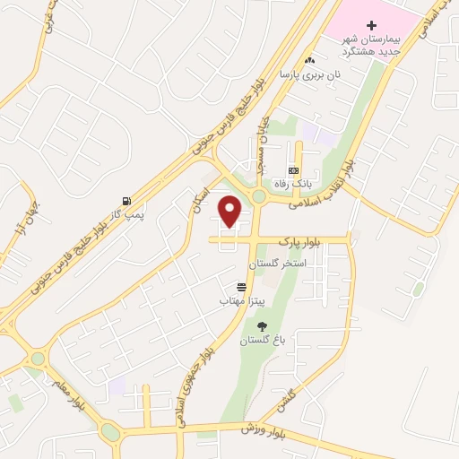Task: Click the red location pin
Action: (230, 211)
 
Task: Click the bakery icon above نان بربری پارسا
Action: (310, 60)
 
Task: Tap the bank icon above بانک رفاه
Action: (292, 170)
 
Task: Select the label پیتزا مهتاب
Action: (238, 302)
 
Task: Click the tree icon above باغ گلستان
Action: (262, 326)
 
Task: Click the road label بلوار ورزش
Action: (261, 429)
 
